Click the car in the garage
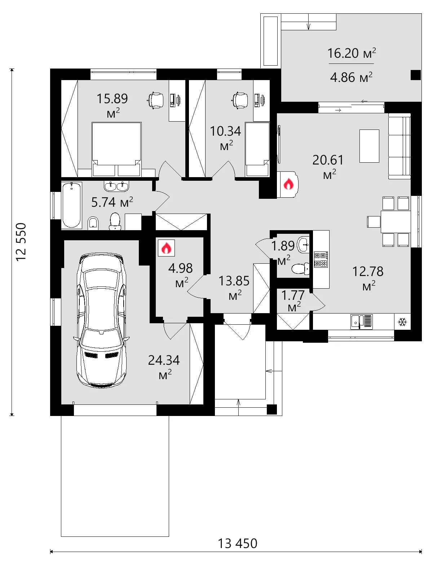pyautogui.click(x=101, y=320)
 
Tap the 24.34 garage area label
pyautogui.click(x=164, y=360)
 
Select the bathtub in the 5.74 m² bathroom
pyautogui.click(x=72, y=205)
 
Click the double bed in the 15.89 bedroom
pyautogui.click(x=116, y=149)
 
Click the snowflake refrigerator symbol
pyautogui.click(x=402, y=322)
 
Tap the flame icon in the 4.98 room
pyautogui.click(x=166, y=248)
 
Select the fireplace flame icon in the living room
pyautogui.click(x=288, y=184)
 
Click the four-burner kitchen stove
pyautogui.click(x=321, y=259)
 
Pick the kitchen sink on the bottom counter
pyautogui.click(x=361, y=322)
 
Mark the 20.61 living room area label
pyautogui.click(x=328, y=160)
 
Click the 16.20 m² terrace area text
pyautogui.click(x=352, y=53)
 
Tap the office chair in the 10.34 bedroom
pyautogui.click(x=240, y=100)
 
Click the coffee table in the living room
pyautogui.click(x=370, y=146)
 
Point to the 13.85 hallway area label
pyautogui.click(x=234, y=281)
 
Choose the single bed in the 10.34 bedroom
pyautogui.click(x=257, y=149)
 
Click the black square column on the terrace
pyautogui.click(x=416, y=75)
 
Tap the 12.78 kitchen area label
pyautogui.click(x=368, y=271)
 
